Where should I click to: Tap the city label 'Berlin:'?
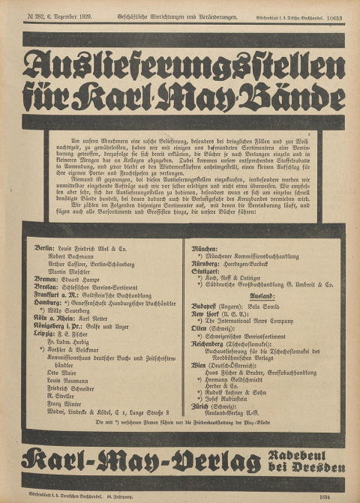(x=46, y=247)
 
